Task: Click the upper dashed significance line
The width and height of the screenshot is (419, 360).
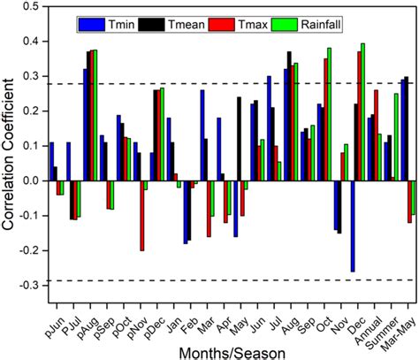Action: click(230, 84)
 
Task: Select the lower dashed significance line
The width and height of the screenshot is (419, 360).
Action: click(230, 280)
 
